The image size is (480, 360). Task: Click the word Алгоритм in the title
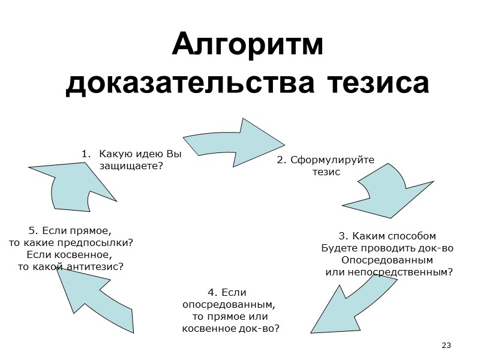coord(247,46)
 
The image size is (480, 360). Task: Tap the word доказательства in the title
coord(192,83)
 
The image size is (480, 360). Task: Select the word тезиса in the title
coord(379,83)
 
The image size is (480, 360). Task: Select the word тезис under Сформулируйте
coord(326,172)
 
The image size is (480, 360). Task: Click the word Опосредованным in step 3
coord(386,260)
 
